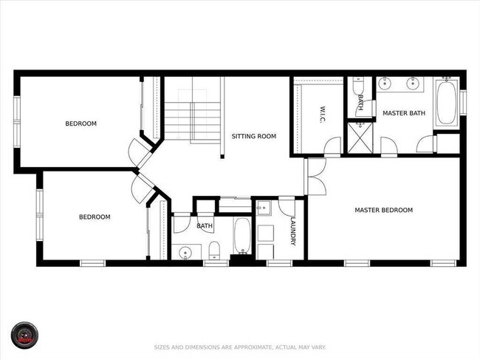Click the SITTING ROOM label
pyautogui.click(x=253, y=136)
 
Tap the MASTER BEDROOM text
pyautogui.click(x=383, y=210)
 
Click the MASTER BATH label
pyautogui.click(x=403, y=112)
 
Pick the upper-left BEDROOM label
pyautogui.click(x=80, y=123)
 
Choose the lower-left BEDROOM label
pyautogui.click(x=95, y=217)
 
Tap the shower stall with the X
pyautogui.click(x=359, y=138)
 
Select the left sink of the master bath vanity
pyautogui.click(x=385, y=84)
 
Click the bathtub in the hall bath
pyautogui.click(x=241, y=235)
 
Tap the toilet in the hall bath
pyautogui.click(x=213, y=248)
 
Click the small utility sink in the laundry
pyautogui.click(x=264, y=209)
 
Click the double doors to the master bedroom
pyautogui.click(x=315, y=177)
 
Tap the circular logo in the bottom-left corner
pyautogui.click(x=24, y=336)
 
